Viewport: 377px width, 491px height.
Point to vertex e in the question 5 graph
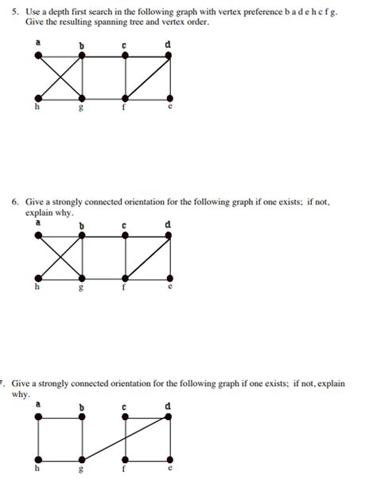(169, 99)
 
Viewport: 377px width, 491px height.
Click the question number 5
(14, 14)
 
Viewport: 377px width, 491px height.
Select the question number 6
(14, 202)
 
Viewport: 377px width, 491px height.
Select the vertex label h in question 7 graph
(37, 470)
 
